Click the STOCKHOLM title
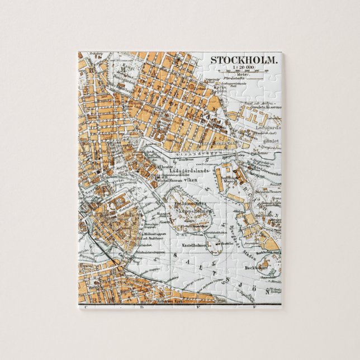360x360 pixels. [x=244, y=60]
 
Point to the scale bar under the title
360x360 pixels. [x=244, y=72]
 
